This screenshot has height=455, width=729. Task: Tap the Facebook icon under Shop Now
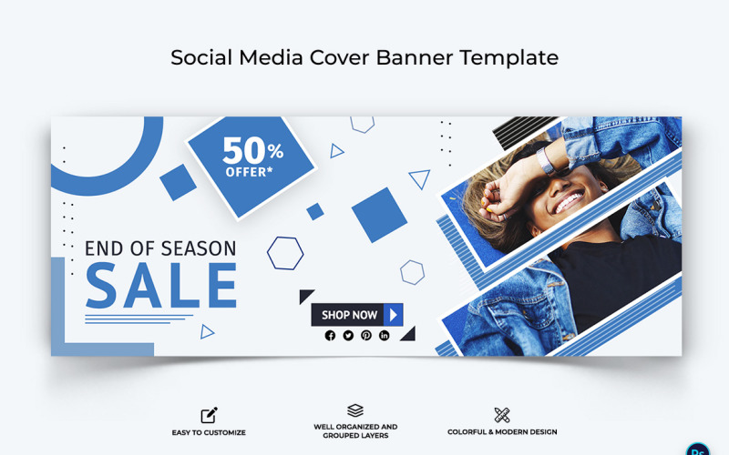(x=330, y=336)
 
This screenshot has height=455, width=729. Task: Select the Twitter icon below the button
(x=348, y=336)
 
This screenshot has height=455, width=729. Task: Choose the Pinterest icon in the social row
(x=366, y=336)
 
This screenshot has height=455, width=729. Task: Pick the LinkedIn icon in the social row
(x=385, y=336)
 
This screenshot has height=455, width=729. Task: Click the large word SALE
(x=161, y=286)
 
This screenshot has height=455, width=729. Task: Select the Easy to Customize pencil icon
(x=209, y=415)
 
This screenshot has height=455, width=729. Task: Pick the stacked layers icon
(x=355, y=411)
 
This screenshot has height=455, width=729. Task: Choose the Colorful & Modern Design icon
(x=501, y=415)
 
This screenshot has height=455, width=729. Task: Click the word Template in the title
(x=509, y=57)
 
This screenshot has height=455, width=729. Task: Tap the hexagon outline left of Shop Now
(x=285, y=253)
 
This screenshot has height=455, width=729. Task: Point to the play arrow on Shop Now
(x=394, y=315)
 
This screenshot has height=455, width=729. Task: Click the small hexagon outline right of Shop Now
(x=412, y=272)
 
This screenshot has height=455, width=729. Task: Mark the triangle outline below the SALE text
(x=207, y=332)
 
